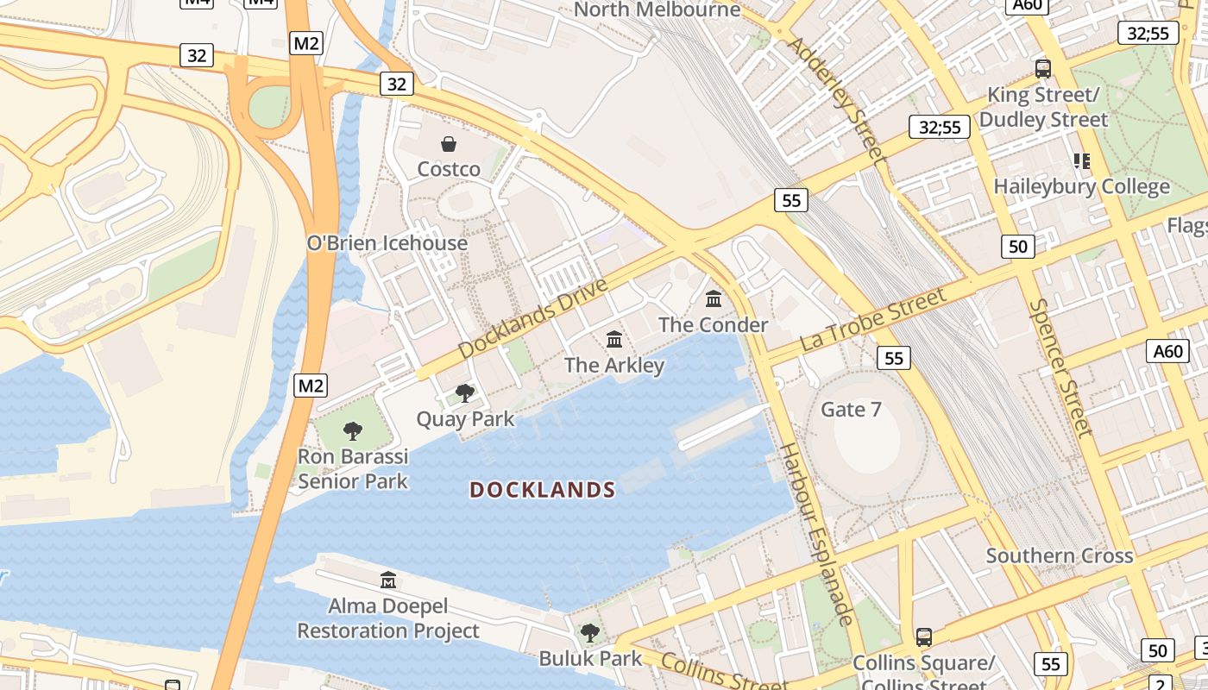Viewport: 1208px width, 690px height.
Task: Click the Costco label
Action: click(x=449, y=169)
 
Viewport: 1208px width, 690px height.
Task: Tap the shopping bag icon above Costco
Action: click(x=449, y=144)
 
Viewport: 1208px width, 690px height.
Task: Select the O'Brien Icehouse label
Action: click(x=387, y=243)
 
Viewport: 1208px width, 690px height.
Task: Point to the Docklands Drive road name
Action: click(x=532, y=318)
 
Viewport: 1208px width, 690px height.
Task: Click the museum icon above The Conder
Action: click(x=714, y=299)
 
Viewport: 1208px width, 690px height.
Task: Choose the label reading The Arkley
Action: click(x=614, y=365)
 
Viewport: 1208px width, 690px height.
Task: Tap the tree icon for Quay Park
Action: click(x=465, y=394)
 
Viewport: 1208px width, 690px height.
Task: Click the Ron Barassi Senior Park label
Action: click(x=353, y=468)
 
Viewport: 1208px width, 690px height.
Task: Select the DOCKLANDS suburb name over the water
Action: click(x=543, y=491)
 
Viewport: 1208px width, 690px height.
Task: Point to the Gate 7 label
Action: click(x=852, y=409)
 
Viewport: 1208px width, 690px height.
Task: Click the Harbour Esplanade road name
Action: click(x=816, y=534)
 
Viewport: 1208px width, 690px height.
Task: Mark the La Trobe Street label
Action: click(x=872, y=318)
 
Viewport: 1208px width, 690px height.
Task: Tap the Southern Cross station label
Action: click(x=1060, y=555)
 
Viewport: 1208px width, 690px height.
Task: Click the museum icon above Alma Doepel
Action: click(x=388, y=580)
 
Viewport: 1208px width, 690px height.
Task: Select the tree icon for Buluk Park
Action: click(x=590, y=634)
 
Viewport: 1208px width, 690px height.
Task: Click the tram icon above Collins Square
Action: click(x=924, y=637)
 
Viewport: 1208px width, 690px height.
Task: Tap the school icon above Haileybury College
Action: click(x=1081, y=161)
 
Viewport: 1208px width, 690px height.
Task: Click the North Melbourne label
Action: click(x=657, y=10)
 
